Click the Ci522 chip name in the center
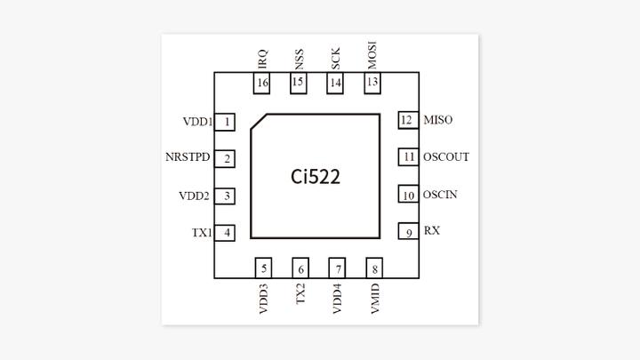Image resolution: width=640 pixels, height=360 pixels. [316, 176]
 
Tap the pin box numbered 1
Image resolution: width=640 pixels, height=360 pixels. [228, 122]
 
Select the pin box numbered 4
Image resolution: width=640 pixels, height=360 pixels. [228, 233]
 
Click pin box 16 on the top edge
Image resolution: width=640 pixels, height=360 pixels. [262, 84]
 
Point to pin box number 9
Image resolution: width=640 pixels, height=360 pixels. [408, 233]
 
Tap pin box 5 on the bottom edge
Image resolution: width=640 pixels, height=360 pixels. [264, 269]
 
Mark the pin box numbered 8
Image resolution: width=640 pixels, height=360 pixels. [374, 269]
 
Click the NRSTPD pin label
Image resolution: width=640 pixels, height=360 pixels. [188, 158]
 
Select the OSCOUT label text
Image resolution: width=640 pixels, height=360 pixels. [446, 157]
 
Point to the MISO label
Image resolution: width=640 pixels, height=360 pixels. [439, 120]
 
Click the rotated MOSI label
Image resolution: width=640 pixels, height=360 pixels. [372, 55]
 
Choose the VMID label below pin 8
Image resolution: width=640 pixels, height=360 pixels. [374, 299]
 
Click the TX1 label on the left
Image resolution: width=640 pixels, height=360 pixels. [201, 233]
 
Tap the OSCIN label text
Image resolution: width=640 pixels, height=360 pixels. [443, 195]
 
